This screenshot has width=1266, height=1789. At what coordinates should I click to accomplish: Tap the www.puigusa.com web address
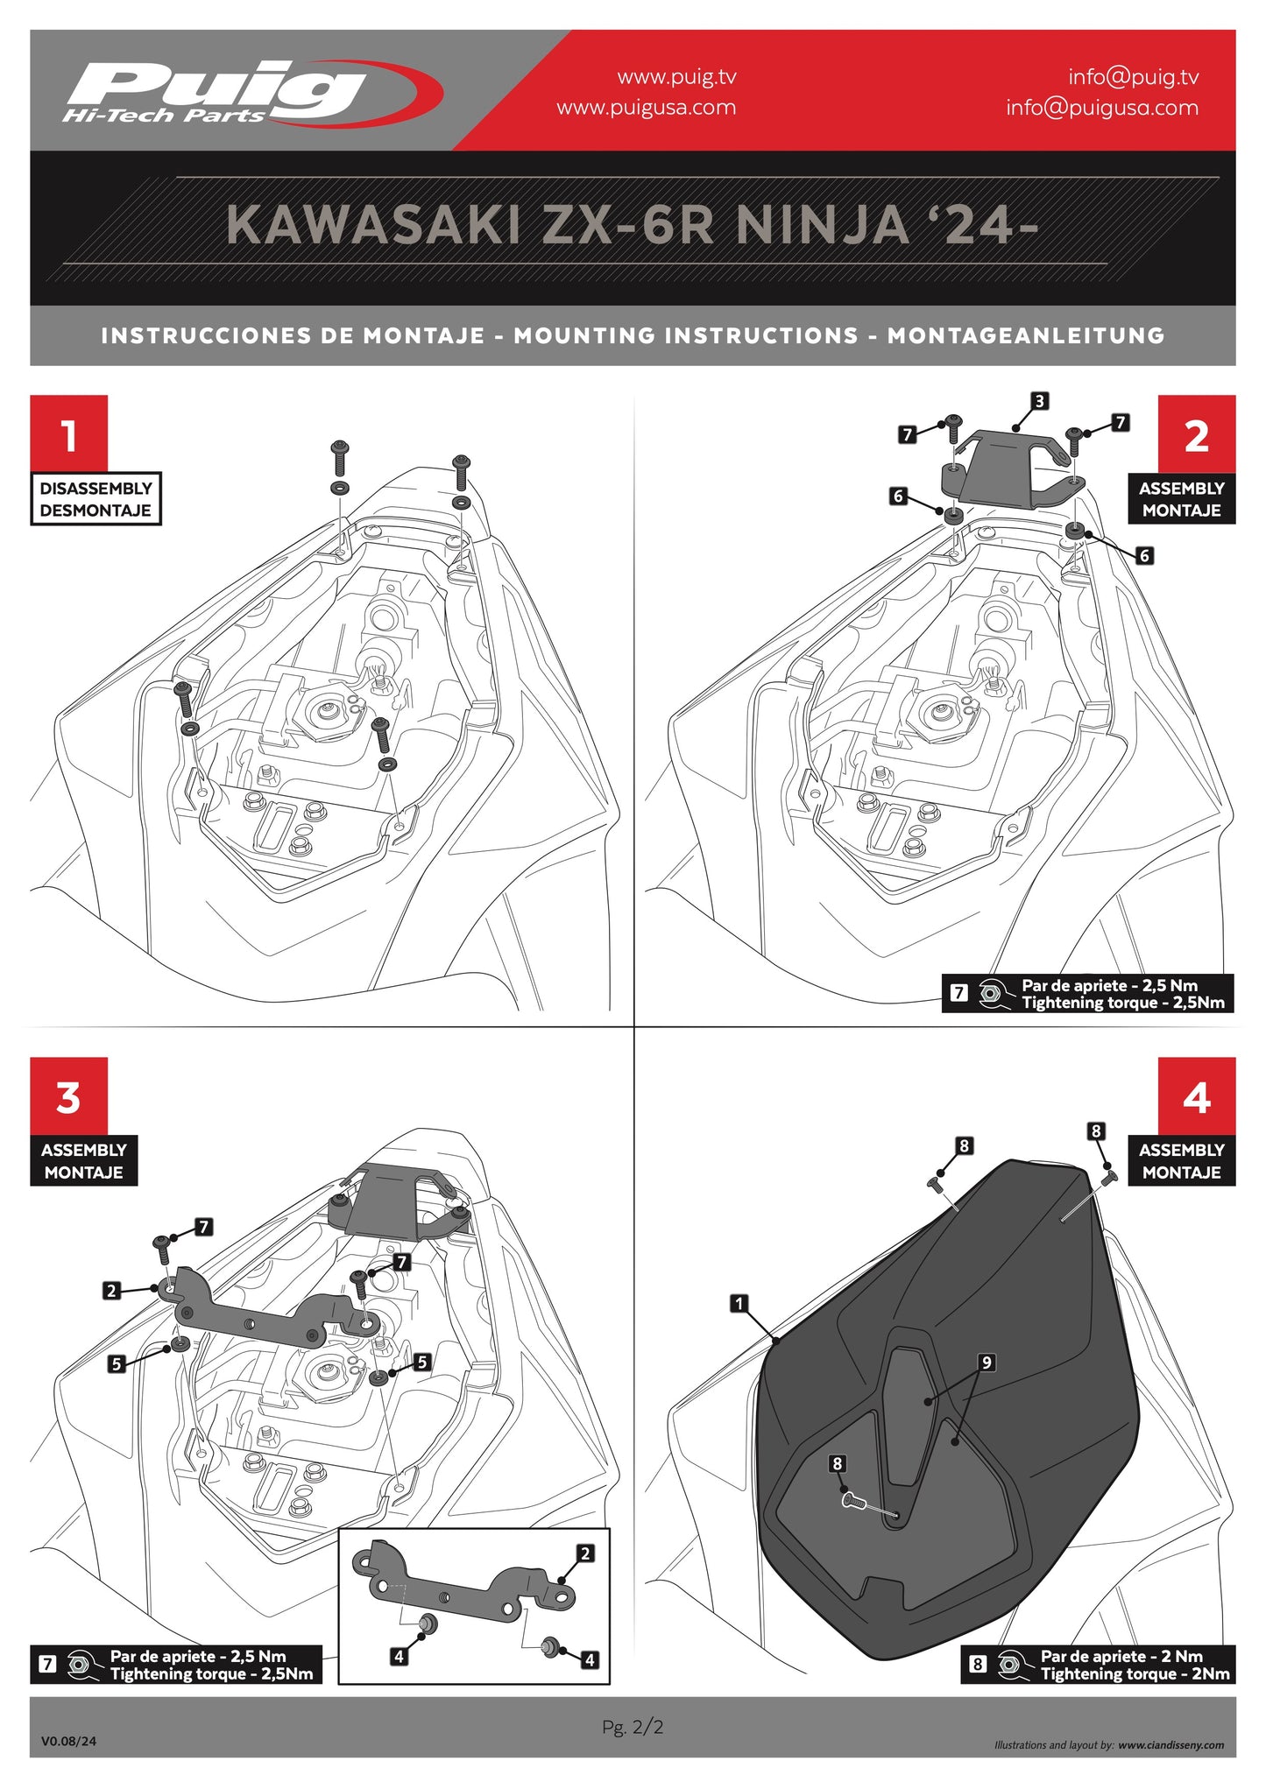pyautogui.click(x=646, y=108)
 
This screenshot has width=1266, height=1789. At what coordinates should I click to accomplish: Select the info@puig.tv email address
pyautogui.click(x=1133, y=77)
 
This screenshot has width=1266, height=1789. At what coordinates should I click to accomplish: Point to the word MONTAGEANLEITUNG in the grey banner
pyautogui.click(x=1025, y=336)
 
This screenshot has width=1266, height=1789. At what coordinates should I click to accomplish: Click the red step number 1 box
pyautogui.click(x=69, y=433)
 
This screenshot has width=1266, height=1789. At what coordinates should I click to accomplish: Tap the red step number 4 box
pyautogui.click(x=1196, y=1095)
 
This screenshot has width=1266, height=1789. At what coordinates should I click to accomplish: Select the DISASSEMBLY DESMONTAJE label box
pyautogui.click(x=95, y=499)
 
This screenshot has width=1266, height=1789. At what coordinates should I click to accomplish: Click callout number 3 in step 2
pyautogui.click(x=1039, y=401)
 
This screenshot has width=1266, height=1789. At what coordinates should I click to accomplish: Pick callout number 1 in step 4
pyautogui.click(x=739, y=1304)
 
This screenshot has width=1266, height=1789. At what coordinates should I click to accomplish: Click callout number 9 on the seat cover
pyautogui.click(x=987, y=1363)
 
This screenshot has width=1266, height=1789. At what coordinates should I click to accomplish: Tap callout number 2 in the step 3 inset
pyautogui.click(x=585, y=1553)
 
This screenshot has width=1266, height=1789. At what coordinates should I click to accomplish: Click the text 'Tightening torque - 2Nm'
pyautogui.click(x=1135, y=1674)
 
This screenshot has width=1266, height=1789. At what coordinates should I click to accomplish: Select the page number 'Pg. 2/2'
pyautogui.click(x=633, y=1727)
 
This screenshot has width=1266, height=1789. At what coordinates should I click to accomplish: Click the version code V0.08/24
pyautogui.click(x=68, y=1741)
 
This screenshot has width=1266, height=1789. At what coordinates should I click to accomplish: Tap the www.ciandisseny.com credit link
pyautogui.click(x=1171, y=1745)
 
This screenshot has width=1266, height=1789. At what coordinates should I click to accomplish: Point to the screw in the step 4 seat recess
pyautogui.click(x=851, y=1500)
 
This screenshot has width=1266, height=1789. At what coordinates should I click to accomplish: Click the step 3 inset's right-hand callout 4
pyautogui.click(x=590, y=1659)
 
